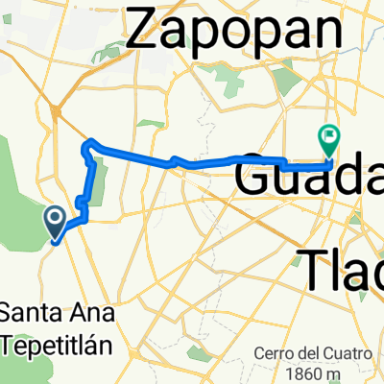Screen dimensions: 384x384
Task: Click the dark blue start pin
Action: pos(56,224)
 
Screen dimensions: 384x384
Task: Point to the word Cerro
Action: pos(276,351)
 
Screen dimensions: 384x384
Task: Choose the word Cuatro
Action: pos(348,351)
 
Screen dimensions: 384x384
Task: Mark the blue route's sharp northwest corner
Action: pos(89,144)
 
